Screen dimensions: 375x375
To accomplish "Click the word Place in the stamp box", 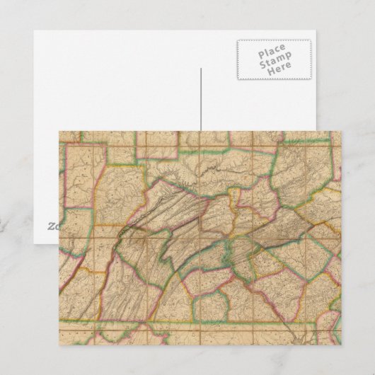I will pyautogui.click(x=272, y=52).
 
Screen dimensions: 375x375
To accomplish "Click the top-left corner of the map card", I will pyautogui.click(x=58, y=130).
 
